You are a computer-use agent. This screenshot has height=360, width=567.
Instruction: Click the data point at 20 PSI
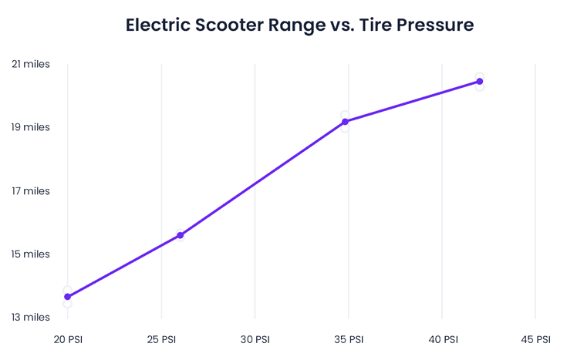(x=68, y=297)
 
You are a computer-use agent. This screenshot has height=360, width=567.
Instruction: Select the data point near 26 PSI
(x=181, y=235)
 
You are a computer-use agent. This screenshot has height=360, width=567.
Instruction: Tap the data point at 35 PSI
(x=346, y=122)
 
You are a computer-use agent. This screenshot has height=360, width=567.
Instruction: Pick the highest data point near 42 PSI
(x=480, y=82)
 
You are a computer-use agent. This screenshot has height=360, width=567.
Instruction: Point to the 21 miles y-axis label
(x=31, y=64)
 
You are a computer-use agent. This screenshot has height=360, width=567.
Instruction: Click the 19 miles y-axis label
(x=31, y=127)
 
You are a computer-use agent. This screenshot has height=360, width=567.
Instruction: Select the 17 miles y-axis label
(x=31, y=190)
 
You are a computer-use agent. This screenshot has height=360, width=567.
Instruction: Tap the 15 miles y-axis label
(x=31, y=254)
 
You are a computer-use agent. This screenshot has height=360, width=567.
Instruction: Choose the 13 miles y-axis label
(x=31, y=317)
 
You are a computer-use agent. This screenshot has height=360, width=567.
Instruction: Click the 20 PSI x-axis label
(x=68, y=339)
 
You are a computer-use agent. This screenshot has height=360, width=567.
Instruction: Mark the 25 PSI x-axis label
(x=161, y=339)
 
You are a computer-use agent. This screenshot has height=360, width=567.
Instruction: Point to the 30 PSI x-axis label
(x=255, y=339)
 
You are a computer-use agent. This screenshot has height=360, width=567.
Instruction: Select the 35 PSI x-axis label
(x=349, y=339)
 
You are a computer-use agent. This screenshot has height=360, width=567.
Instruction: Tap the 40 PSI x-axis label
(x=442, y=339)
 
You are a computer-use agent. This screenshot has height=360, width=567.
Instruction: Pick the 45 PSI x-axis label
(x=535, y=339)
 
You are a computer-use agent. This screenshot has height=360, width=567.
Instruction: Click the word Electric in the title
(x=157, y=25)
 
